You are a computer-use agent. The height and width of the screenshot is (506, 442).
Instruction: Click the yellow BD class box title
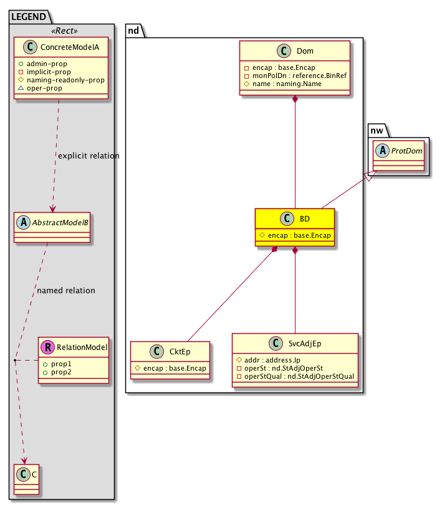click(x=304, y=219)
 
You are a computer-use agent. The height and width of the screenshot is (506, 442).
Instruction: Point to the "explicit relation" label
click(x=89, y=155)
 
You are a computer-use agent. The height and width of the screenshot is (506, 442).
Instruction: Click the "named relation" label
click(x=66, y=290)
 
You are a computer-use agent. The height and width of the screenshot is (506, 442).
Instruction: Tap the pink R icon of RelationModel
click(x=48, y=346)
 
